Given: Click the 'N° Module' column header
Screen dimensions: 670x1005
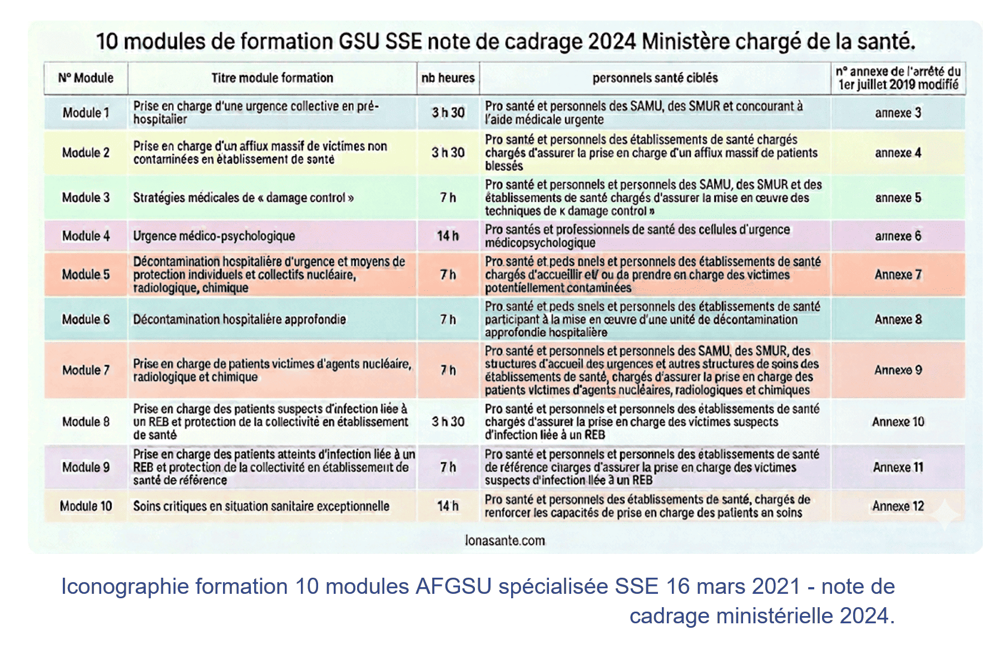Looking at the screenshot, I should pos(86,78).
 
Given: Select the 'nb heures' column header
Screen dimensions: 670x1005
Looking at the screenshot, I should pos(448,78).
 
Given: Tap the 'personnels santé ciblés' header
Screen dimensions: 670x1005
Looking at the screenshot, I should pos(655,78).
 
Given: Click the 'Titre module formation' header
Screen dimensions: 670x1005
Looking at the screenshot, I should pos(272,78).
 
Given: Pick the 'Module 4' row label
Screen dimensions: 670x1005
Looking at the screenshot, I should pos(86,236).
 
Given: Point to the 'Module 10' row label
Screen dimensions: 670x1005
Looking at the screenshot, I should pos(86,506).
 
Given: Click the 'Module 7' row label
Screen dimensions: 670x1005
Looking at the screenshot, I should pos(86,370).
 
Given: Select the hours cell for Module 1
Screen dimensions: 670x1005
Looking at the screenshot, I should pos(448,112).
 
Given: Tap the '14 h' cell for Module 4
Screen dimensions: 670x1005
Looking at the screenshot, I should pos(448,236).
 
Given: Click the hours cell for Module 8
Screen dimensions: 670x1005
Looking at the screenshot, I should pos(448,421).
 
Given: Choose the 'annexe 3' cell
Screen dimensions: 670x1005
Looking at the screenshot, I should pos(898,112).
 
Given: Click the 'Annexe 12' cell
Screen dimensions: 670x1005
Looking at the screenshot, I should pos(898,506).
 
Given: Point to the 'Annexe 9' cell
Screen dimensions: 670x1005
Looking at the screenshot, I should pos(898,370).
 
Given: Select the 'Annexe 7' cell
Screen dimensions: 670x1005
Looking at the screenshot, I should pos(898,274).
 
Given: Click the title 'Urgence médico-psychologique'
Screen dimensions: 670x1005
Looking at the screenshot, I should pos(214,236).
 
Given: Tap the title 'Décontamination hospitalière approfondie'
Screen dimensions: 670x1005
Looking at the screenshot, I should pos(239,319).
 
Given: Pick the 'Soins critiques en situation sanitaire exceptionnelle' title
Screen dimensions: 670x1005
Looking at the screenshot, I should pos(261,506).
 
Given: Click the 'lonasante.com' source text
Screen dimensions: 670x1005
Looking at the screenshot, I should pos(504,540).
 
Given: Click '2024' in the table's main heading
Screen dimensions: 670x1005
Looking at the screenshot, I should pos(611,42).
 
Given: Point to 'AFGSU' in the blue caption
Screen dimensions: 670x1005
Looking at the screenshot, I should pos(453,587).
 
